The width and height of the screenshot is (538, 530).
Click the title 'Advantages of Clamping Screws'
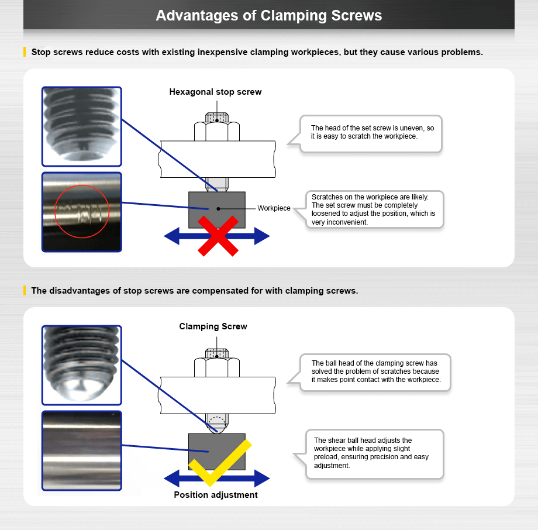269,15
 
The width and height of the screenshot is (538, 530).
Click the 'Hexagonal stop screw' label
215,92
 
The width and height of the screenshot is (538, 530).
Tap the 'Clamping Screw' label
213,326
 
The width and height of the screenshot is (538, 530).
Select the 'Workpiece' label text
274,208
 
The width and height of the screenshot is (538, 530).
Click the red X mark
218,235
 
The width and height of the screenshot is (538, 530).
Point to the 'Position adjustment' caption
216,495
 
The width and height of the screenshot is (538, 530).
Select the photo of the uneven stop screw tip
82,126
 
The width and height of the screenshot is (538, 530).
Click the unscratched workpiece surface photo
82,450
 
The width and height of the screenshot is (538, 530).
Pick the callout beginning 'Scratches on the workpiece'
374,209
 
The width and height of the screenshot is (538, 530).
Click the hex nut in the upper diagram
216,132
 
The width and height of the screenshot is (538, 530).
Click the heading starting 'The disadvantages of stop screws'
194,291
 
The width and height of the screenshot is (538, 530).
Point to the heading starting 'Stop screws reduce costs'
257,52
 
